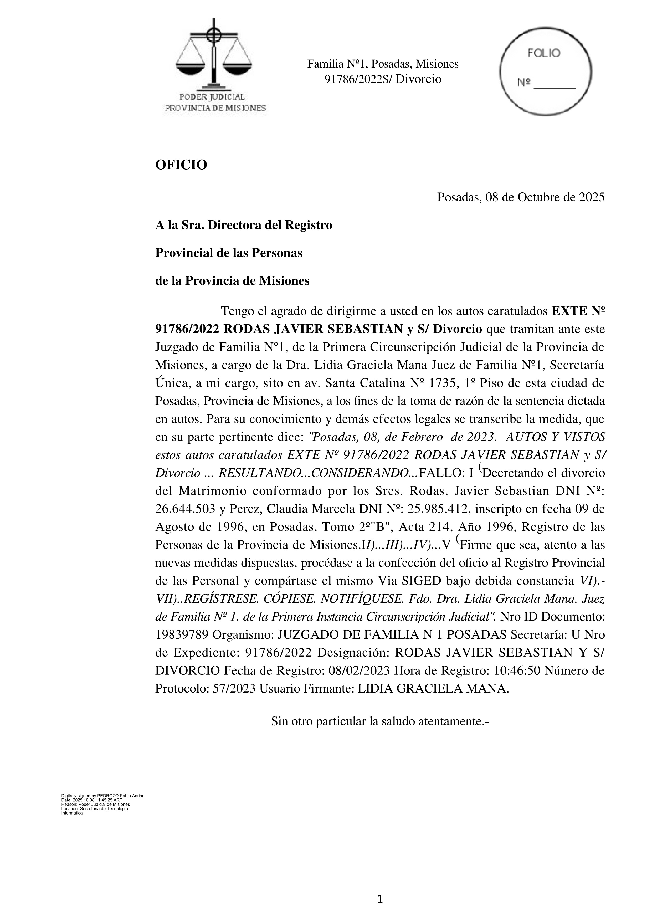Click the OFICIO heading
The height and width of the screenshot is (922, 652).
tap(181, 165)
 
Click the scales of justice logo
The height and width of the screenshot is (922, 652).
tap(214, 56)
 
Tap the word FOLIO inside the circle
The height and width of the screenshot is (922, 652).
tap(544, 53)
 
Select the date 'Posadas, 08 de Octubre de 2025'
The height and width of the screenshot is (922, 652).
tap(521, 197)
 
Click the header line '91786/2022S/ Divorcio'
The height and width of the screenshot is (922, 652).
tap(383, 79)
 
